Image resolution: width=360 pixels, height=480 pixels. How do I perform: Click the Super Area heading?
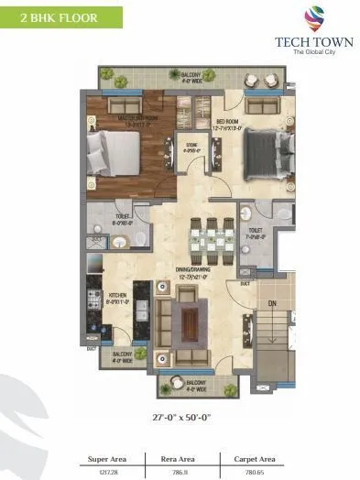(x=107, y=457)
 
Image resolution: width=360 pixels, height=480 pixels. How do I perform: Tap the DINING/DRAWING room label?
(x=193, y=271)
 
